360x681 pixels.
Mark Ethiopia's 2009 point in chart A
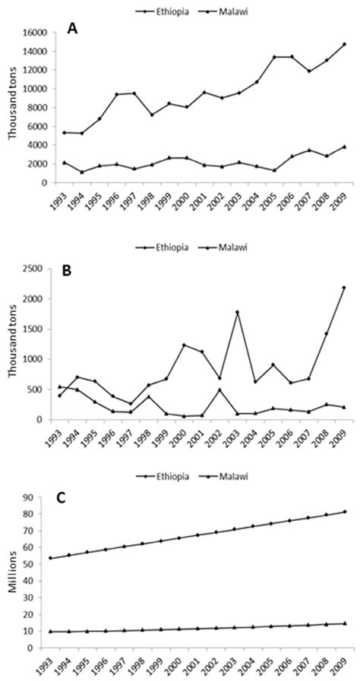pyautogui.click(x=344, y=44)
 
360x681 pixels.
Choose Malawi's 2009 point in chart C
pyautogui.click(x=344, y=624)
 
